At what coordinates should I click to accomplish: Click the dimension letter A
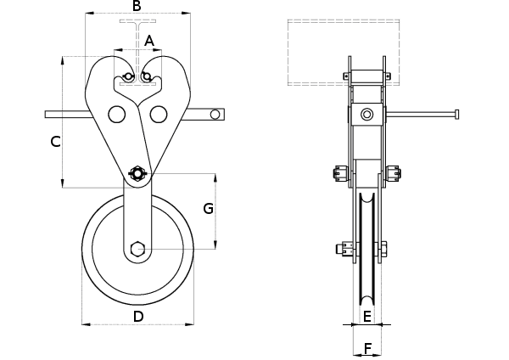[x=149, y=40]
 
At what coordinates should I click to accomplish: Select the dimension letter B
[x=137, y=7]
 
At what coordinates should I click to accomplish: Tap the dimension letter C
[x=54, y=142]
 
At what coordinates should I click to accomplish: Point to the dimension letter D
[x=138, y=317]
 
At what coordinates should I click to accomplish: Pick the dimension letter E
[x=366, y=317]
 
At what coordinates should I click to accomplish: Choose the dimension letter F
[x=366, y=348]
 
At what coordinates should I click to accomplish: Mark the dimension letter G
[x=207, y=208]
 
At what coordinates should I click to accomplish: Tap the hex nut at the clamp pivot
[x=137, y=175]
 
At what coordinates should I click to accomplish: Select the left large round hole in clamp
[x=116, y=113]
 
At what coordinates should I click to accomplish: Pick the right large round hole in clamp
[x=158, y=113]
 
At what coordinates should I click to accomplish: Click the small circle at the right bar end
[x=216, y=114]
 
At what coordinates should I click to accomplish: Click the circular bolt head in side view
[x=366, y=115]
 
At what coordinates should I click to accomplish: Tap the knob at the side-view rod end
[x=457, y=114]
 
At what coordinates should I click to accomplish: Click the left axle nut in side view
[x=344, y=250]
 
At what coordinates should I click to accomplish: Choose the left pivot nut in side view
[x=341, y=175]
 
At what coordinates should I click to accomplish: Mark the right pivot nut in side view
[x=393, y=175]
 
